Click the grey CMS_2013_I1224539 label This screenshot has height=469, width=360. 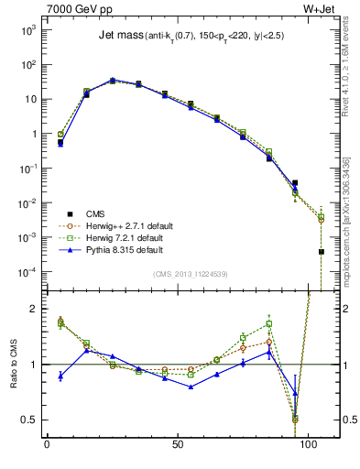192,274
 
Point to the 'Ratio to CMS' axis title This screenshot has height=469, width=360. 12,357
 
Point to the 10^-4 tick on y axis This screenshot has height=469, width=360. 27,272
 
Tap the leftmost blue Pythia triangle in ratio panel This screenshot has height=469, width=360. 60,376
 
